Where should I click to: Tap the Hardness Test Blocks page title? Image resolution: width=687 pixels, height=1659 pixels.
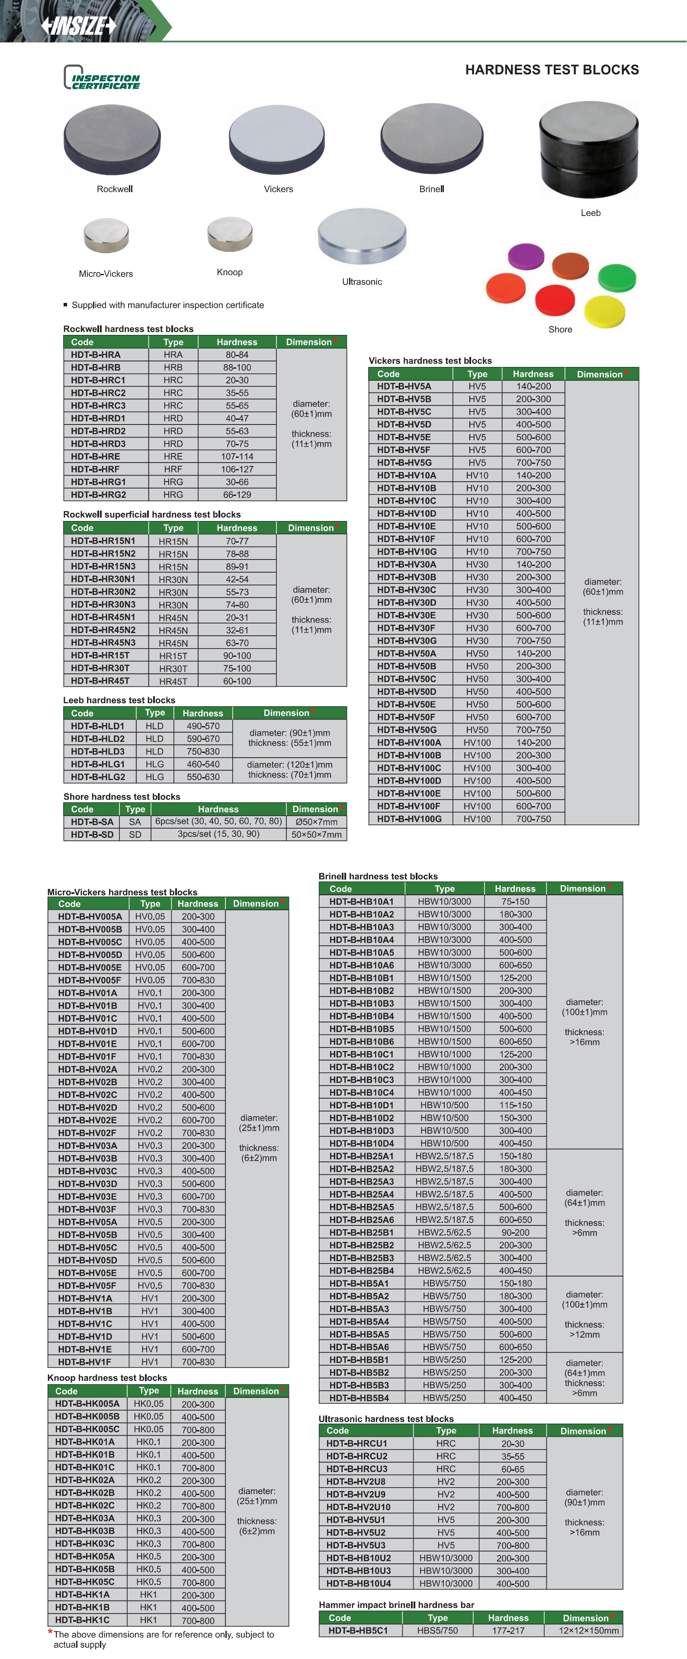pos(552,70)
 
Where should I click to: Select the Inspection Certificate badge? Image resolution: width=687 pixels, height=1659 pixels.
pos(102,78)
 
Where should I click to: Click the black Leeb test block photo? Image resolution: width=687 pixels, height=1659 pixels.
pos(588,150)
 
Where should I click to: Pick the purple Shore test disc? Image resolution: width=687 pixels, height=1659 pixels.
pos(525,256)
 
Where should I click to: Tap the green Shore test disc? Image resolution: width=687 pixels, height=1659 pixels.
pos(617,277)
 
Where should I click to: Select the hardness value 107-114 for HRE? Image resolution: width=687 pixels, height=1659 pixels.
pos(237,457)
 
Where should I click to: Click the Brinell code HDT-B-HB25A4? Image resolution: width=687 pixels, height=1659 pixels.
pos(361,1194)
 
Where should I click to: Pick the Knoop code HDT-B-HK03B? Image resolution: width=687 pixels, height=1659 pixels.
pos(85,1531)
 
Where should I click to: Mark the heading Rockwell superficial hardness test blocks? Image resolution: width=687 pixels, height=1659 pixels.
pos(152,514)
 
